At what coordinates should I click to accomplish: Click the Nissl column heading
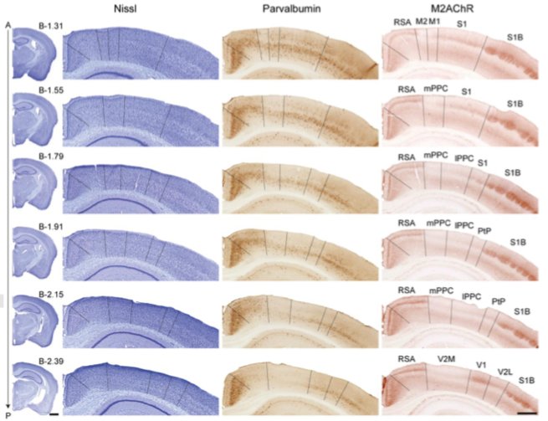click(134, 9)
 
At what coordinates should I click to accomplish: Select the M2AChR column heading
click(453, 9)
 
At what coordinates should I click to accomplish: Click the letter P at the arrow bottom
click(8, 414)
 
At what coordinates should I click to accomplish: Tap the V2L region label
click(505, 371)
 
